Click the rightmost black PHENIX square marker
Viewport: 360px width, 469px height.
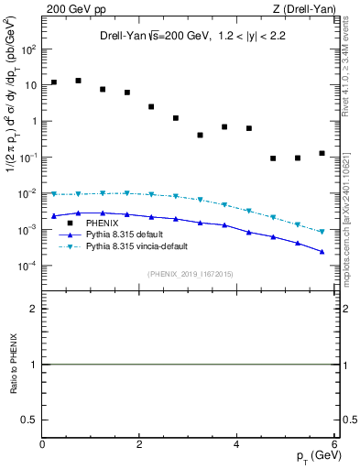pos(322,153)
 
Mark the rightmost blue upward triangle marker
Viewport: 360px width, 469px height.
pos(322,251)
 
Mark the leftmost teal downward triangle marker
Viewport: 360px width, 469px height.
pos(54,194)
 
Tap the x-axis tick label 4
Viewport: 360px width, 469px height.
pos(237,444)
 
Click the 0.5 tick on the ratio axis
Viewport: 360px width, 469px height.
pos(29,420)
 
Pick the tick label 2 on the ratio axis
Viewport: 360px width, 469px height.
pos(34,309)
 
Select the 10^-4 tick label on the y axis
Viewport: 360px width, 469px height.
pos(27,266)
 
